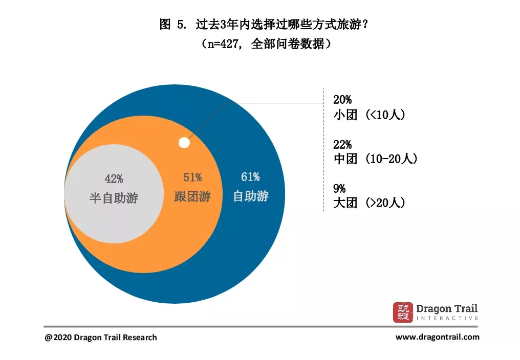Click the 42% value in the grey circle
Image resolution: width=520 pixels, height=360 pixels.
[114, 179]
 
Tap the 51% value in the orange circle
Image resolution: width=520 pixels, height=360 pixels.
[192, 177]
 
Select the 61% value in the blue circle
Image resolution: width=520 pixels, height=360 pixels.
[250, 177]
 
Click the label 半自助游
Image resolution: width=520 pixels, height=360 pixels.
[114, 198]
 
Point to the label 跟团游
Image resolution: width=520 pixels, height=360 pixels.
[192, 196]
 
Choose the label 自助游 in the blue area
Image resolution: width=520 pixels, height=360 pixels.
[251, 196]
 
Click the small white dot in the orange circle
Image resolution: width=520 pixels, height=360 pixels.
[184, 143]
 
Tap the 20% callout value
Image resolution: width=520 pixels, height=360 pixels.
[342, 100]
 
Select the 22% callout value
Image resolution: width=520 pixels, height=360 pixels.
[342, 145]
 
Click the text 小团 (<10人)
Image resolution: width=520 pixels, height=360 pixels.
[369, 115]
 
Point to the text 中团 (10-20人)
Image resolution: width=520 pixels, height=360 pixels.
[375, 159]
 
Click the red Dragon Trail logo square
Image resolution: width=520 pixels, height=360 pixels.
[402, 312]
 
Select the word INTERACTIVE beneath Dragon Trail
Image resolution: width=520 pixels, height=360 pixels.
[447, 318]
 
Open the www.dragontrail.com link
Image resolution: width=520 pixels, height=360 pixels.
[438, 337]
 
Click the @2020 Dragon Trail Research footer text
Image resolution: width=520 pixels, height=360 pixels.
[101, 337]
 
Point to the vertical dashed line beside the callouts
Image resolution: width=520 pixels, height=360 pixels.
[323, 153]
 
